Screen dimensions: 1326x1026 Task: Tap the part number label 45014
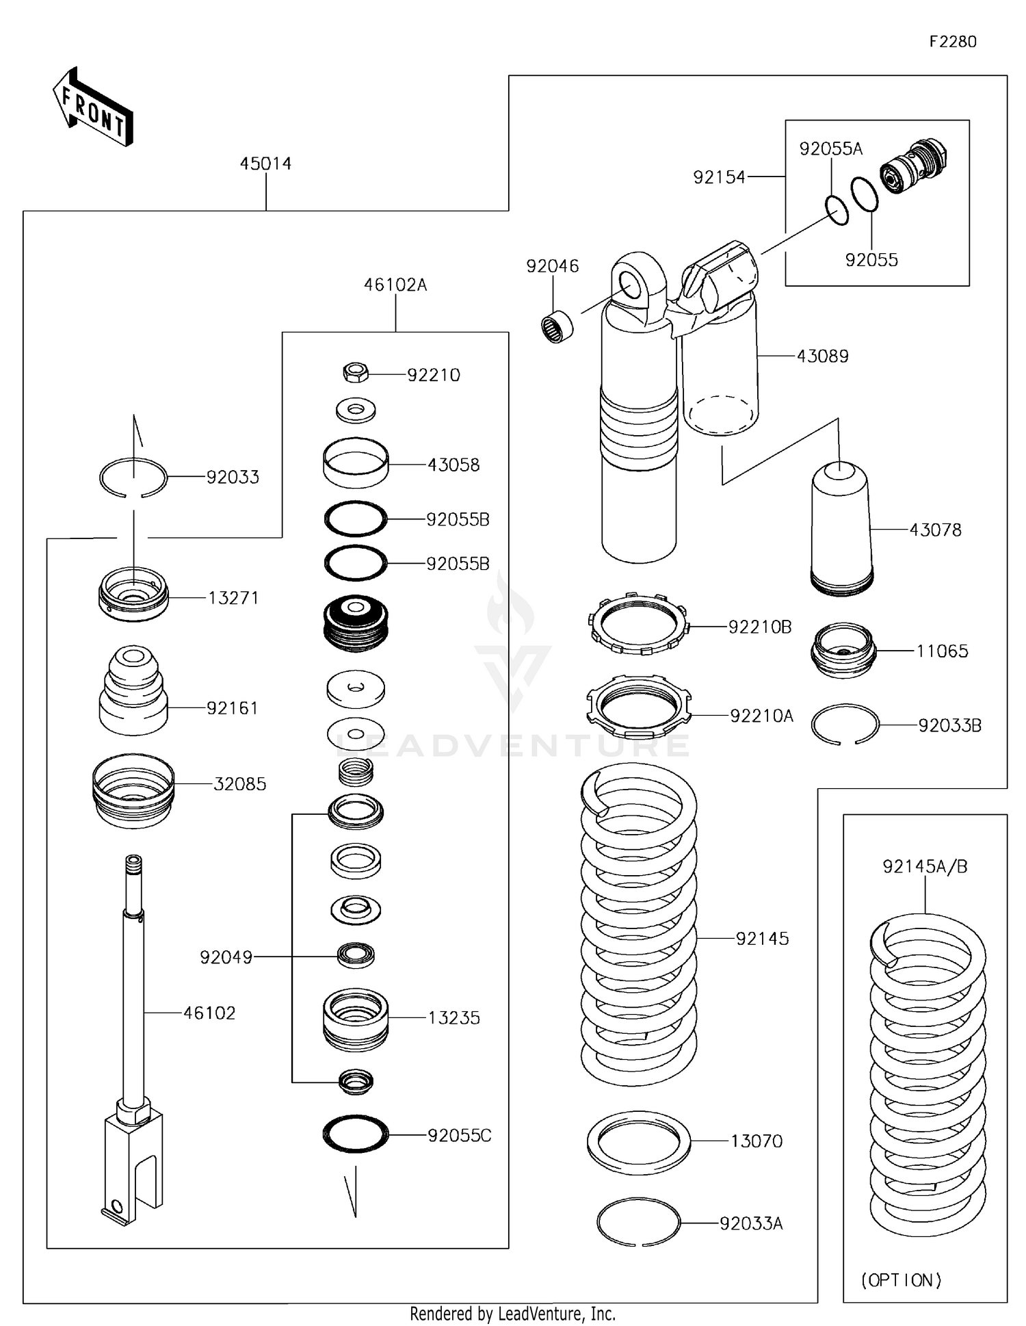[x=265, y=164]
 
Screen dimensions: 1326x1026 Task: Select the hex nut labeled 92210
[x=355, y=373]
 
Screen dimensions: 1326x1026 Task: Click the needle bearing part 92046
[x=557, y=326]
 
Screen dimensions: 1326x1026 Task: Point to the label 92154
[x=718, y=177]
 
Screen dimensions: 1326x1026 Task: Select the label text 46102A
[x=395, y=285]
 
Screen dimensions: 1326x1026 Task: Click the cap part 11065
[x=843, y=650]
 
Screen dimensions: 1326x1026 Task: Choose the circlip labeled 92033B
[x=845, y=724]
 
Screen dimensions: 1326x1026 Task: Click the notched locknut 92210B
[x=638, y=623]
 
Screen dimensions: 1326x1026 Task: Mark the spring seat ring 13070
[x=638, y=1142]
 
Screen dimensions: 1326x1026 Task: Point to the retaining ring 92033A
[x=638, y=1223]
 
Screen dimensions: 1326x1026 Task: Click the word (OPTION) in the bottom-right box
[x=901, y=1280]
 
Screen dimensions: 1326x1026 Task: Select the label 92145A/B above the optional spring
[x=925, y=867]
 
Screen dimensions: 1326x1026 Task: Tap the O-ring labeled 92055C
[x=356, y=1134]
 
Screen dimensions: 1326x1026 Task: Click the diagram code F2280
[x=952, y=42]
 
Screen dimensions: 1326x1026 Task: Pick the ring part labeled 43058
[x=356, y=463]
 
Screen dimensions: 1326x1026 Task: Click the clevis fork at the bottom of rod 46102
[x=134, y=1163]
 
